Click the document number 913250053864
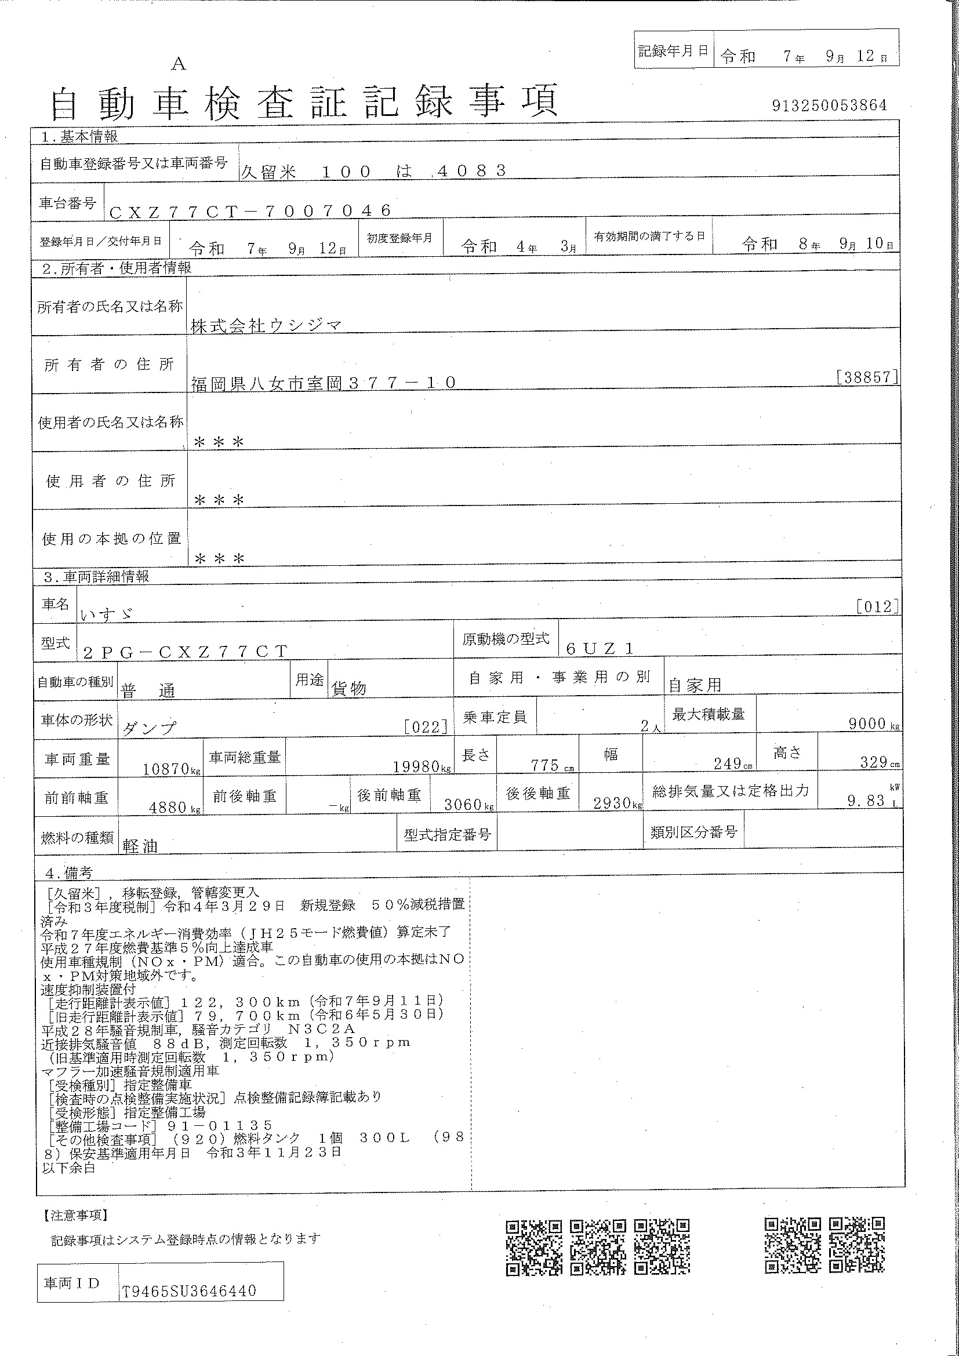click(x=829, y=106)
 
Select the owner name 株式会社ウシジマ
click(x=266, y=325)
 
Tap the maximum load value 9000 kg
click(x=873, y=724)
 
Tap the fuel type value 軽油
click(x=140, y=846)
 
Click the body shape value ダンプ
click(x=149, y=728)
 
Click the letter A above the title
click(x=179, y=64)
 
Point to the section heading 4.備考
click(x=69, y=873)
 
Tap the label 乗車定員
click(x=494, y=718)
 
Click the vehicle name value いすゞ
click(x=106, y=614)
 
